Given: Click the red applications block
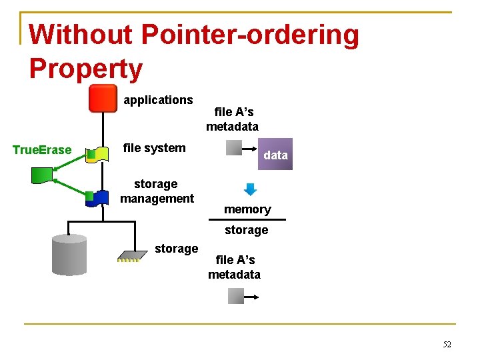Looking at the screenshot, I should (103, 99).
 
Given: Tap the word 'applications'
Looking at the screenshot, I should (158, 100).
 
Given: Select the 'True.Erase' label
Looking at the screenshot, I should (42, 150).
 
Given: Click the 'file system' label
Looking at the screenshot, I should (155, 148).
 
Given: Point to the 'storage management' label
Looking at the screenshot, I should (157, 191).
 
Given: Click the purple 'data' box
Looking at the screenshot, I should (275, 155).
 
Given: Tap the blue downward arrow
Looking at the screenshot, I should (250, 189).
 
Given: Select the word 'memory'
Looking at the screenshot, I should (247, 209).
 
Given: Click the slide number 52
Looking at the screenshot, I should (447, 345).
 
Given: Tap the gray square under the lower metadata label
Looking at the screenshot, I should (236, 296).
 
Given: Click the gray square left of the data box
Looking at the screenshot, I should (234, 147).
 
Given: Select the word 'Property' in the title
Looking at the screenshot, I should (86, 69).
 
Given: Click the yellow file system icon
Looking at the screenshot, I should (100, 155).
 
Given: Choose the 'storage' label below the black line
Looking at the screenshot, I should (246, 230).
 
